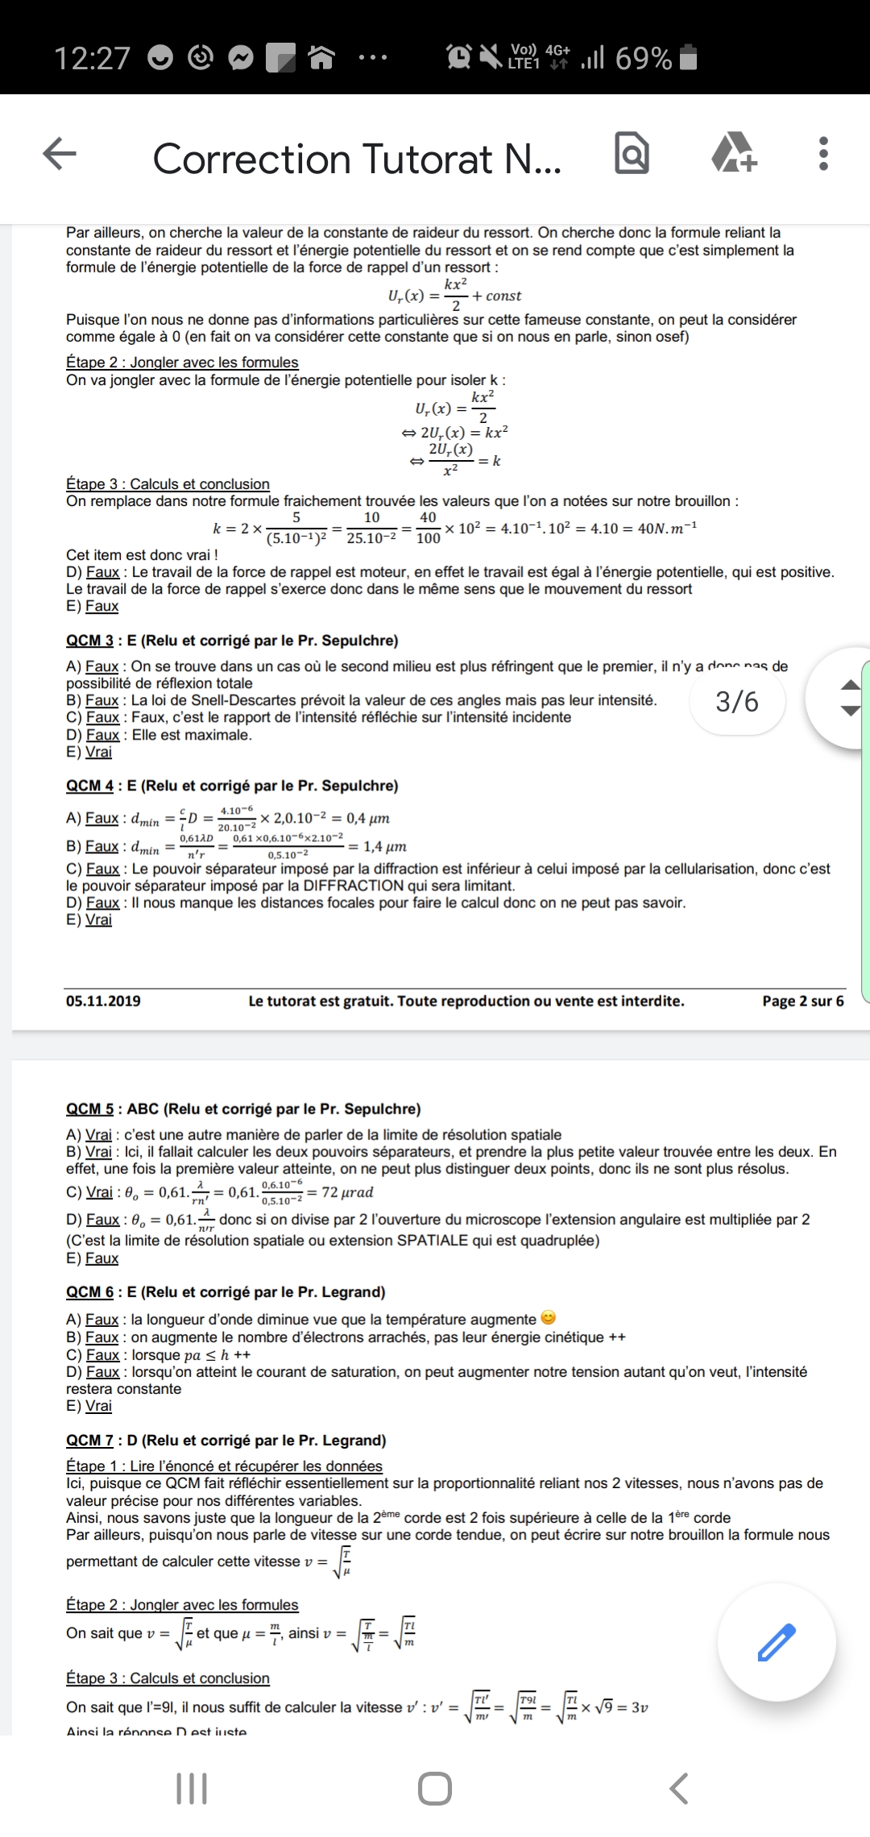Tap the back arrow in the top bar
click(60, 153)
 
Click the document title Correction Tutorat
click(356, 159)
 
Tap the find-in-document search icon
click(632, 153)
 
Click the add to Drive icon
click(734, 153)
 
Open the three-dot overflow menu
click(823, 153)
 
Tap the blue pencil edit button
click(777, 1643)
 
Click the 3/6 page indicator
click(737, 702)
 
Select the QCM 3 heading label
click(89, 641)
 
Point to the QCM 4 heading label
click(89, 786)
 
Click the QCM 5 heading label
click(89, 1109)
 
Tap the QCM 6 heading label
click(89, 1292)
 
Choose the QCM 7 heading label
click(89, 1440)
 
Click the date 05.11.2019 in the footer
click(103, 1001)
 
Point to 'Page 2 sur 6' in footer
click(803, 1001)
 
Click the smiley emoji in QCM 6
click(549, 1318)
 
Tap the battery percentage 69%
click(643, 58)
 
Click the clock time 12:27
click(92, 58)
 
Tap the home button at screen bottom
click(435, 1789)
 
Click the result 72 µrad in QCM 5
click(347, 1192)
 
